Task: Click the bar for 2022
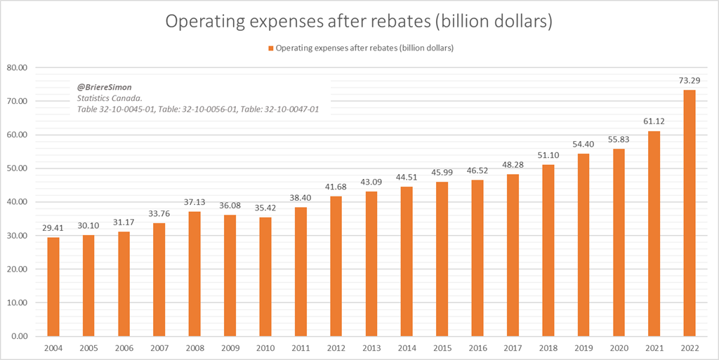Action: tap(690, 213)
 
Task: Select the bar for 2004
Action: tap(53, 286)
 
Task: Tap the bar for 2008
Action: tap(194, 274)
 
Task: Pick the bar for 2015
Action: tap(442, 259)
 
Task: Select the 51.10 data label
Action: tap(548, 154)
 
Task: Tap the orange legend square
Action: tap(270, 48)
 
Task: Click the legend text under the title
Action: tap(364, 48)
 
